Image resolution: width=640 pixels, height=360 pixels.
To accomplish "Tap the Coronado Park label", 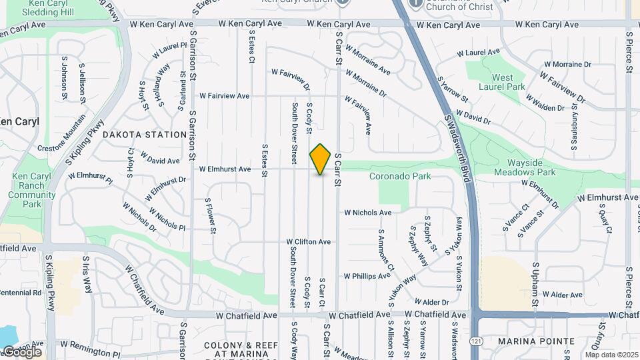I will [x=400, y=176].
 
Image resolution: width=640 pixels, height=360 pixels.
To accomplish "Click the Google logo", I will [x=21, y=351].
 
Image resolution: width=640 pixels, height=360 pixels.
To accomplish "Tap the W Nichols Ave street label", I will [x=367, y=213].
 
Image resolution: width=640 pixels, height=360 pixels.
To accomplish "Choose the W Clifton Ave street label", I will [x=309, y=241].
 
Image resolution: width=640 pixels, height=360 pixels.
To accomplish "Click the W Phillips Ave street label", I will [x=367, y=276].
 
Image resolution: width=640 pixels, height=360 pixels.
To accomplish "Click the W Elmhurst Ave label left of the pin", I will [x=225, y=169].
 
